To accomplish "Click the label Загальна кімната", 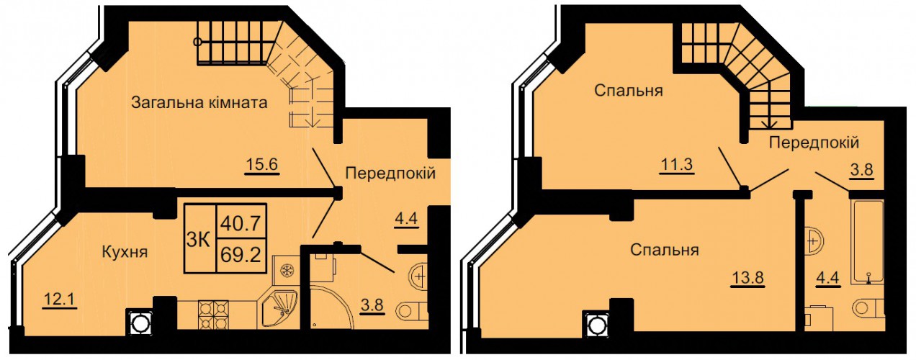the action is click(x=199, y=102).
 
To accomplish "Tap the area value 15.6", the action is click(x=261, y=165).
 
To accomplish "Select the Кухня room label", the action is click(x=125, y=252).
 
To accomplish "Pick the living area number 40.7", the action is click(x=241, y=223).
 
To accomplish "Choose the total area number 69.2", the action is click(x=241, y=256).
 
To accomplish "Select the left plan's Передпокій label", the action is click(x=390, y=174).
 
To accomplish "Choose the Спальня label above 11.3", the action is click(x=629, y=90).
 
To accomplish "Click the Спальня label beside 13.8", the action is click(x=665, y=250).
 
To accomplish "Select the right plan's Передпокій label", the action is click(x=814, y=143).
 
